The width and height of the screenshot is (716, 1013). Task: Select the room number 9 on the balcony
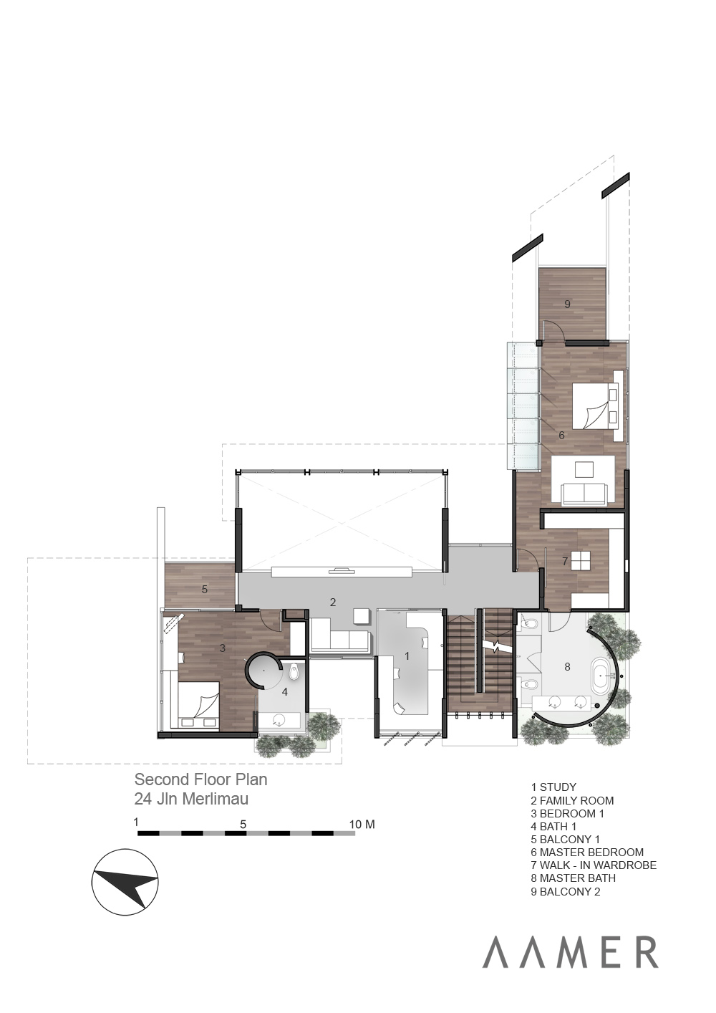[x=567, y=304]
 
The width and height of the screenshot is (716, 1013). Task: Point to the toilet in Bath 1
[x=294, y=673]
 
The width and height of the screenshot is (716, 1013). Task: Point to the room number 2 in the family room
[x=333, y=602]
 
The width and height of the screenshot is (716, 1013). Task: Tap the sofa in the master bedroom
[x=584, y=494]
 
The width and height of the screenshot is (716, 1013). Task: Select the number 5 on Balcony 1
[x=204, y=590]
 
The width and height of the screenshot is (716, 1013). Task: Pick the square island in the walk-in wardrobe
[x=581, y=561]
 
